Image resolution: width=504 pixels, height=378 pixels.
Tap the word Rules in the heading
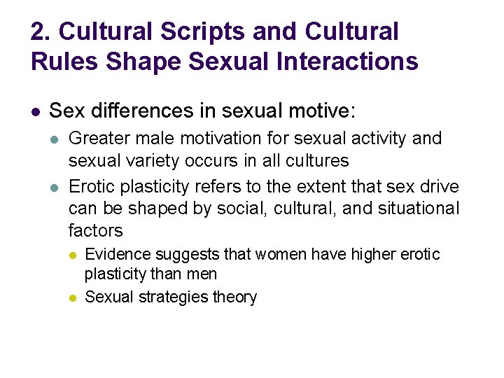[65, 62]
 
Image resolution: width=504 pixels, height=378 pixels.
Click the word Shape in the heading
[143, 62]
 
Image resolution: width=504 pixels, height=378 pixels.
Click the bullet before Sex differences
[35, 111]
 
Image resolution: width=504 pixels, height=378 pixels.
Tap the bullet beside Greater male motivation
[55, 138]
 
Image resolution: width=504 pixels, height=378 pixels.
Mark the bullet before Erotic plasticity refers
[55, 188]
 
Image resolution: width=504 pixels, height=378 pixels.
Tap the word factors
[95, 230]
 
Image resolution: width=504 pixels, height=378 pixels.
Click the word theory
[234, 297]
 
